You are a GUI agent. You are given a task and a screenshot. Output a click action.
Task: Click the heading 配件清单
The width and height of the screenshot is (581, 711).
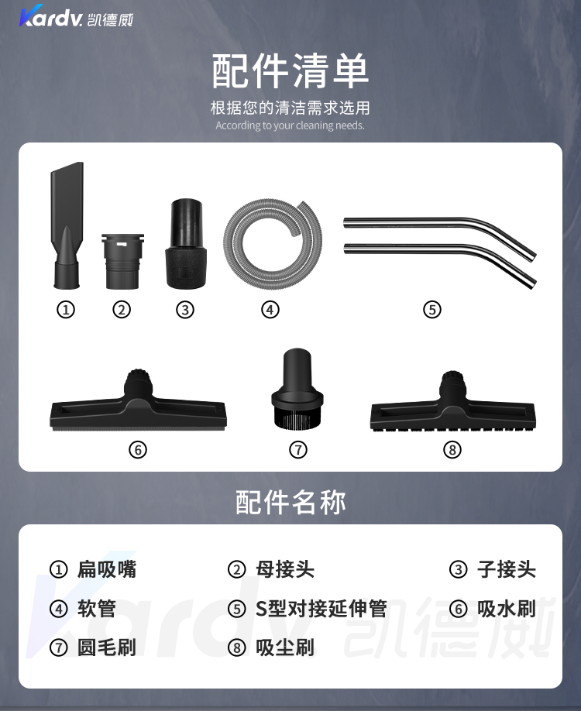290,70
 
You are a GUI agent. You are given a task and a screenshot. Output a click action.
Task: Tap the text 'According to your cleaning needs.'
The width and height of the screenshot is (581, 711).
290,125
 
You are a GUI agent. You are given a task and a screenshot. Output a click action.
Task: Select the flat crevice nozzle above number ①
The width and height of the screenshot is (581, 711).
67,225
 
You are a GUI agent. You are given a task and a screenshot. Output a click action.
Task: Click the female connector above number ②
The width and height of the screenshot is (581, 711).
122,261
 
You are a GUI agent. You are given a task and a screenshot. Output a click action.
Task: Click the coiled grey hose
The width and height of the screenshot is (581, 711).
273,240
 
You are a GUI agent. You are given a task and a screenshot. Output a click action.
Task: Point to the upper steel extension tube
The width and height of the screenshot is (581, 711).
439,232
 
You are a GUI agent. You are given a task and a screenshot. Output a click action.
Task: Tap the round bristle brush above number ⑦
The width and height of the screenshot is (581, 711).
297,389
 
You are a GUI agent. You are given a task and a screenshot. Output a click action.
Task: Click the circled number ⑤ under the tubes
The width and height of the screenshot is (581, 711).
431,310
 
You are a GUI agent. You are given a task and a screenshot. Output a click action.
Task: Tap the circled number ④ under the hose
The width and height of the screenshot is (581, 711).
270,310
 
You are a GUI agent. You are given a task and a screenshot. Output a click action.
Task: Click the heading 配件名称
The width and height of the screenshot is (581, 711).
290,502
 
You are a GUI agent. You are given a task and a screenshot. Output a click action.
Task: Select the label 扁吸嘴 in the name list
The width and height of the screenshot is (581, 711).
107,569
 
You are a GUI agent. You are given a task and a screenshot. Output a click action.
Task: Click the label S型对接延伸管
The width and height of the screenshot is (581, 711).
321,609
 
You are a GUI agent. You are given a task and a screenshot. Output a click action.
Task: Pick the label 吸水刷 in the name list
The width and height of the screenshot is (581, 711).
507,609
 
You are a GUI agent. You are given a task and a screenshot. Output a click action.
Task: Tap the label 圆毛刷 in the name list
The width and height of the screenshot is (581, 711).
107,647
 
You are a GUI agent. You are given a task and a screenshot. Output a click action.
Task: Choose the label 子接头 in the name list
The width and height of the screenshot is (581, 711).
507,569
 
